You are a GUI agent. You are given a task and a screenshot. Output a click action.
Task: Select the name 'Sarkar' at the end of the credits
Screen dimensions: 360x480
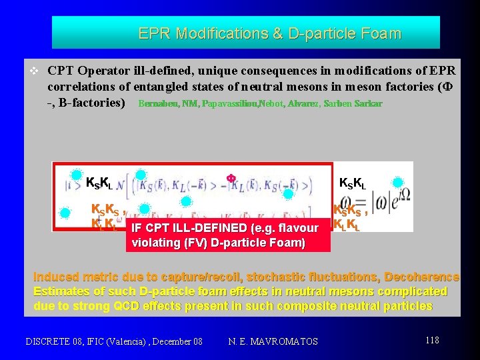(x=368, y=104)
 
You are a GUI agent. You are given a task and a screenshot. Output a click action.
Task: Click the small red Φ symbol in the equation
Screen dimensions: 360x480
(x=231, y=178)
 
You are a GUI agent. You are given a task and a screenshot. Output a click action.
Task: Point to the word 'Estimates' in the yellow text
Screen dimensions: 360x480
(x=62, y=291)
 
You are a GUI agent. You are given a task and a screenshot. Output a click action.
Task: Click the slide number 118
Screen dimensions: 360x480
(x=432, y=341)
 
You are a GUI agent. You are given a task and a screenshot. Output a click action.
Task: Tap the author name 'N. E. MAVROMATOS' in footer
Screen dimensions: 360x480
(x=273, y=342)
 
